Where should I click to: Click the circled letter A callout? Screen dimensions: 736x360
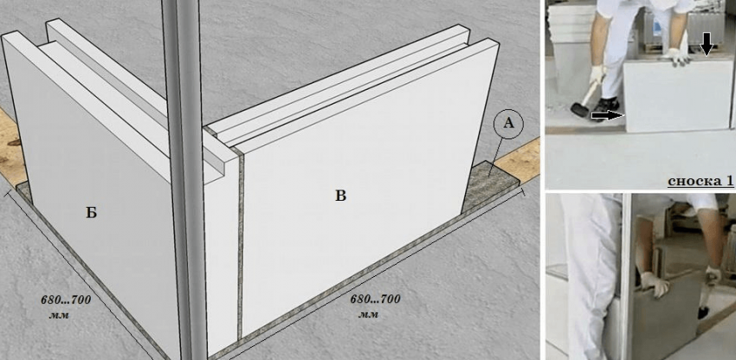[508, 124]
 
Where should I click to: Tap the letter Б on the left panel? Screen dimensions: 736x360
[91, 213]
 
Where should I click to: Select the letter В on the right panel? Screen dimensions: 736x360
[341, 196]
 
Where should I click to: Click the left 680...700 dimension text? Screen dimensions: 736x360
[66, 299]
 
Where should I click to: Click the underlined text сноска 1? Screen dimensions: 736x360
[700, 180]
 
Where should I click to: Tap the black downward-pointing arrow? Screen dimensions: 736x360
[706, 46]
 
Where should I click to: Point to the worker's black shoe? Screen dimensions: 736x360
[609, 106]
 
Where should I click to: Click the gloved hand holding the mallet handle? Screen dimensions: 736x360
[597, 75]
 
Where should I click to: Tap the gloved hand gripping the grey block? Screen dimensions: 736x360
[655, 284]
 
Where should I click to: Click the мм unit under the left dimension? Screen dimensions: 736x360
[59, 315]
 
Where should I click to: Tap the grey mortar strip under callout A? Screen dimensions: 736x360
[488, 184]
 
